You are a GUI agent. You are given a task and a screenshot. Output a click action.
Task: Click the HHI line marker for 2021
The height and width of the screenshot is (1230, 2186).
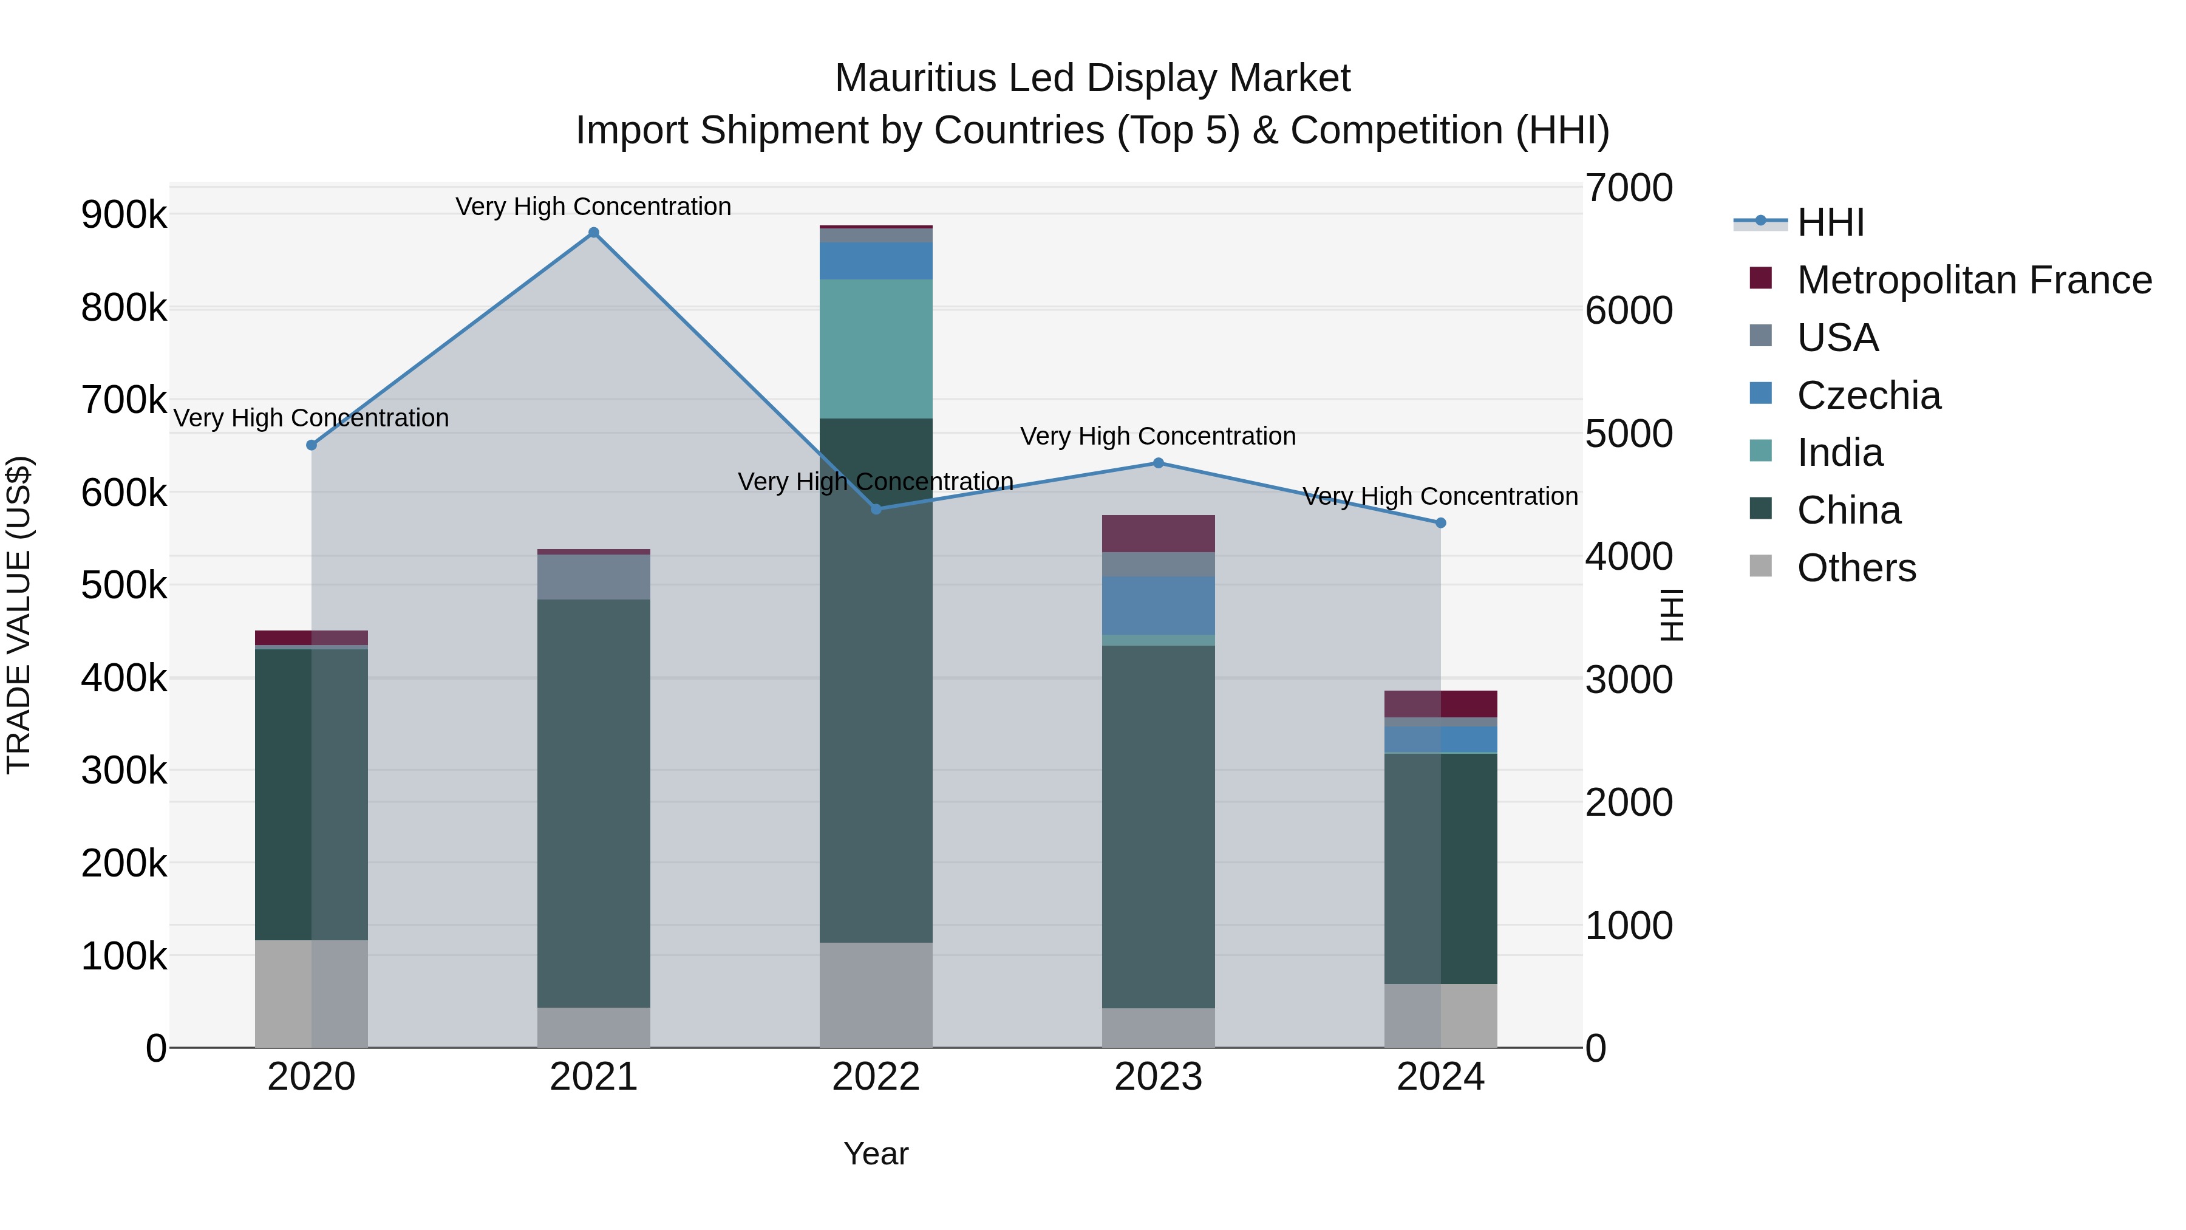point(593,233)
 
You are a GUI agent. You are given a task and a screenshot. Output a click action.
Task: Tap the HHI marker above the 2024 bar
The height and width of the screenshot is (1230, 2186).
point(1440,523)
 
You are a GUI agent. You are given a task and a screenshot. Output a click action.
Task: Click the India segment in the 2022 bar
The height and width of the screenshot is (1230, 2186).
point(876,348)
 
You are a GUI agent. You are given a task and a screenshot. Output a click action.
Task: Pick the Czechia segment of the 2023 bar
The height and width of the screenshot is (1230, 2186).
point(1159,605)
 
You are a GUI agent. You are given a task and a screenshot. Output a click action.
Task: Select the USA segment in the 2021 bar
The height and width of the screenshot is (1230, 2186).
point(593,576)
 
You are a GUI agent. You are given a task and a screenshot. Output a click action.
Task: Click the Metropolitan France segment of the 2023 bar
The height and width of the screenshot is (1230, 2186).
point(1159,533)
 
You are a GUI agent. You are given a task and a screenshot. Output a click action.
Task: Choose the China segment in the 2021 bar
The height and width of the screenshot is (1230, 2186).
point(593,802)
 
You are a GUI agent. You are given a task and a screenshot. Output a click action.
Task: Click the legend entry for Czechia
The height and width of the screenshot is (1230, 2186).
point(1868,395)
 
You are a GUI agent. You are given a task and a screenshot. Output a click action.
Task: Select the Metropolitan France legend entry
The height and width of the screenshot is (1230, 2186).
point(1974,280)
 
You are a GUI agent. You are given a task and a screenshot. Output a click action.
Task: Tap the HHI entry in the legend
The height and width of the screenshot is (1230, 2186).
point(1830,222)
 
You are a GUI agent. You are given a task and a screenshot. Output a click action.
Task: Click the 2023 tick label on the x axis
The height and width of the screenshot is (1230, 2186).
point(1159,1077)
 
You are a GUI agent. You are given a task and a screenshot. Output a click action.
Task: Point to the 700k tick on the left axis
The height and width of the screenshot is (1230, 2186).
point(124,400)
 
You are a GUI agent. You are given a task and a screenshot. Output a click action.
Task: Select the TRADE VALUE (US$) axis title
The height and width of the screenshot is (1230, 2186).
point(19,615)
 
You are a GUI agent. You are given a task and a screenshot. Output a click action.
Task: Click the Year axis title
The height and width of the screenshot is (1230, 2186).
point(876,1153)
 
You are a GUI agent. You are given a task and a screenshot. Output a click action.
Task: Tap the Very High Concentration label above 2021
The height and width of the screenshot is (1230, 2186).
point(593,207)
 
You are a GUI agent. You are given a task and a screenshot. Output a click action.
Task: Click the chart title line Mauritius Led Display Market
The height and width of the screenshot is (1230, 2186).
point(1092,78)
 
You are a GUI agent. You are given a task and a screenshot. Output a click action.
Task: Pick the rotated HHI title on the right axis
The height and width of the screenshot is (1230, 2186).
point(1671,615)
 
